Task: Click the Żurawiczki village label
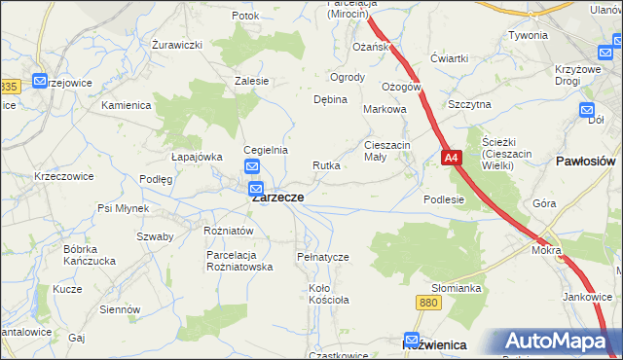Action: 176,45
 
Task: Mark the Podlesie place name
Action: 444,199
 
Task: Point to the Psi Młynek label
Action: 123,208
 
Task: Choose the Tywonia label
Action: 528,35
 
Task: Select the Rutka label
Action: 326,165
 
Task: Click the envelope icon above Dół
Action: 585,109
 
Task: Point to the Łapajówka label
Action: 197,156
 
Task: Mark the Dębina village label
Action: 330,100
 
